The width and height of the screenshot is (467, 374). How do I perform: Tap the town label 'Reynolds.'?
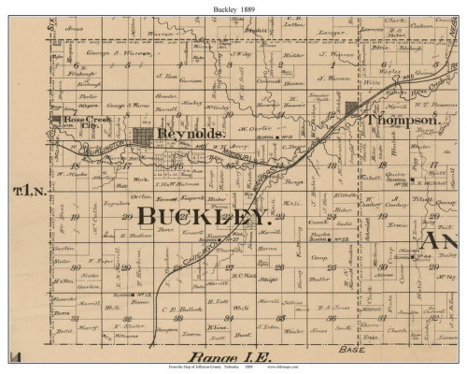click(x=194, y=137)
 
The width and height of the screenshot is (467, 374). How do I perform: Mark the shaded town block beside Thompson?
click(x=353, y=110)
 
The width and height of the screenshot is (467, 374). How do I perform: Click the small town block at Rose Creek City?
click(x=60, y=121)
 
